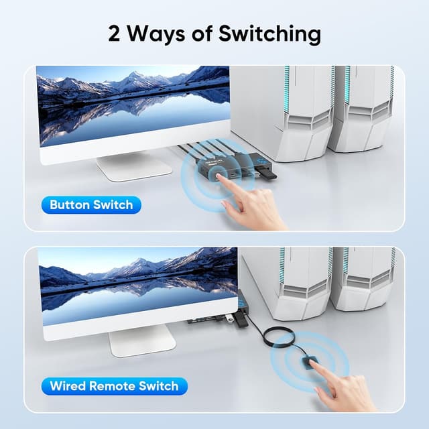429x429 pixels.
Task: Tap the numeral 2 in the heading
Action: click(116, 33)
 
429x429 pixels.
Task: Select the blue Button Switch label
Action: click(91, 204)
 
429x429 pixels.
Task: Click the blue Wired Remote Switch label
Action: click(113, 386)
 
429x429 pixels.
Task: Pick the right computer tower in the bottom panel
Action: click(365, 278)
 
